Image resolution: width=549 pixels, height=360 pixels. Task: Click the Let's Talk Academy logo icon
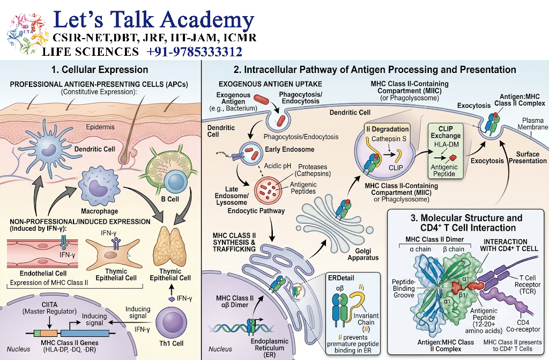point(27,33)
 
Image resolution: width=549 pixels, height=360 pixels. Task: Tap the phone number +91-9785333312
point(194,52)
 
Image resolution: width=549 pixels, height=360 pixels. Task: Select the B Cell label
point(170,199)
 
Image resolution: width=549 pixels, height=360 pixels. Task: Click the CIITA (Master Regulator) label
point(49,308)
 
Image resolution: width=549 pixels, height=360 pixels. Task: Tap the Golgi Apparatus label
point(363,254)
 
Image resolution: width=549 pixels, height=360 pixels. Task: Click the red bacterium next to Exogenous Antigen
point(261,100)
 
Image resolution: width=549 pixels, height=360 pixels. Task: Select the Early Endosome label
point(290,149)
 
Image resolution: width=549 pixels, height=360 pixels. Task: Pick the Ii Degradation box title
point(388,129)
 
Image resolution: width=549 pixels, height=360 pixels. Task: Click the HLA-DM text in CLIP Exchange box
point(447,144)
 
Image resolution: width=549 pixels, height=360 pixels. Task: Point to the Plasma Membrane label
point(532,124)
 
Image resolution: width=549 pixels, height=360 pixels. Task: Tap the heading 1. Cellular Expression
point(100,69)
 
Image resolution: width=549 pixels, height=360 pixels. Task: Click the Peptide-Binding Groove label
point(404,289)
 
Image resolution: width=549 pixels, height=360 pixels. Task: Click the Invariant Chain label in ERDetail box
point(366,322)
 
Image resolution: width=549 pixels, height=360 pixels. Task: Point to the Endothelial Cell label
point(43,274)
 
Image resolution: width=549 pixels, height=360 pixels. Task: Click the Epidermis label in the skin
point(100,127)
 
